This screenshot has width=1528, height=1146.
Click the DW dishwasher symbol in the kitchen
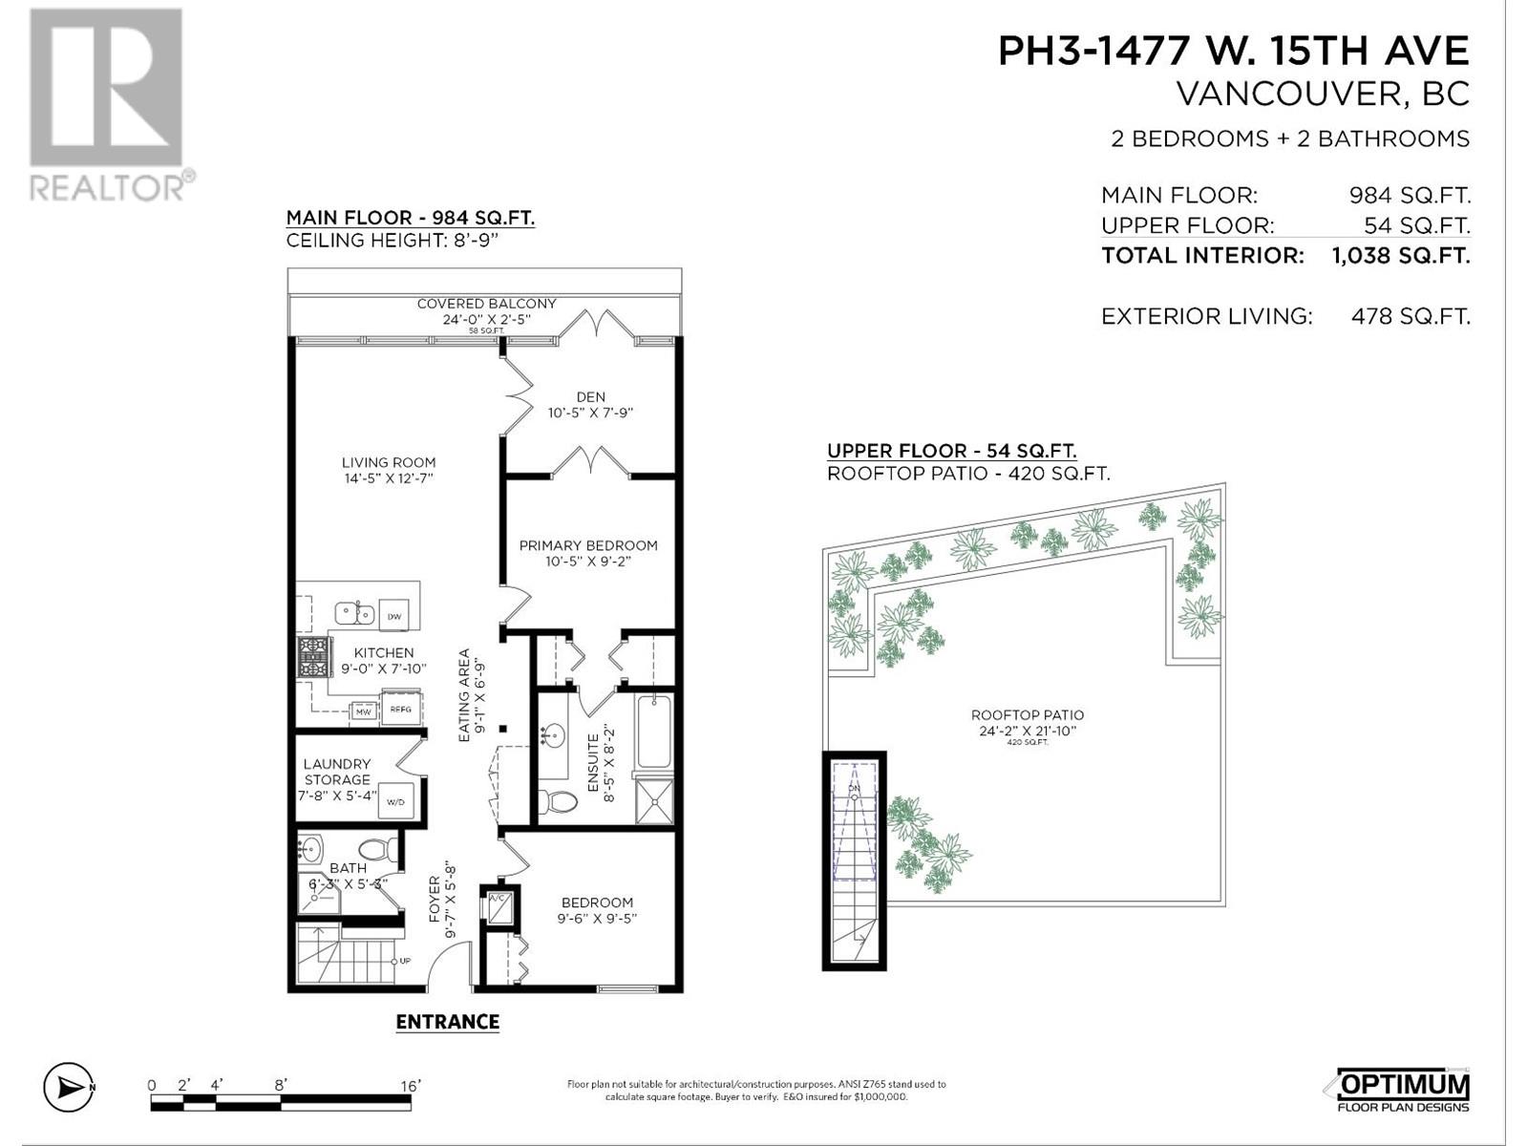click(x=393, y=617)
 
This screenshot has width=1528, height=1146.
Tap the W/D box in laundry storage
click(x=395, y=801)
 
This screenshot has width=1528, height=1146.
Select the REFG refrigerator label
click(x=399, y=709)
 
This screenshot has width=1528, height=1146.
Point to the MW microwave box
click(x=363, y=711)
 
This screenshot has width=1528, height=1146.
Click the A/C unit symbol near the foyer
click(x=498, y=906)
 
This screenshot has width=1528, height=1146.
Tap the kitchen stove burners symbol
click(x=313, y=657)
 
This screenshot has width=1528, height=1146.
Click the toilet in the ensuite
click(x=557, y=800)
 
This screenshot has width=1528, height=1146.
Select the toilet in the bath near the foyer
click(x=378, y=848)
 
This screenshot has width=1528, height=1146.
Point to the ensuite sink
click(x=552, y=736)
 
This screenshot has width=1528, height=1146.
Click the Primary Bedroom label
click(x=588, y=545)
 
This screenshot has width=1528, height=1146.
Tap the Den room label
click(x=590, y=396)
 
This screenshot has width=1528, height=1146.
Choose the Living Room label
click(x=388, y=462)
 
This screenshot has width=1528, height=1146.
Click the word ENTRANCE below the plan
click(x=448, y=1022)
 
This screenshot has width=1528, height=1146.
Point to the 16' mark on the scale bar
click(x=411, y=1086)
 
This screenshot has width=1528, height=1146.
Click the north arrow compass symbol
click(x=68, y=1087)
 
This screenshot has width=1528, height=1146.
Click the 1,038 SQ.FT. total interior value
click(x=1400, y=256)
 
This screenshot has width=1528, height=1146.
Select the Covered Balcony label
click(x=486, y=304)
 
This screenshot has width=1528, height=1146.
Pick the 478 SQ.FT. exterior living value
click(x=1411, y=316)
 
